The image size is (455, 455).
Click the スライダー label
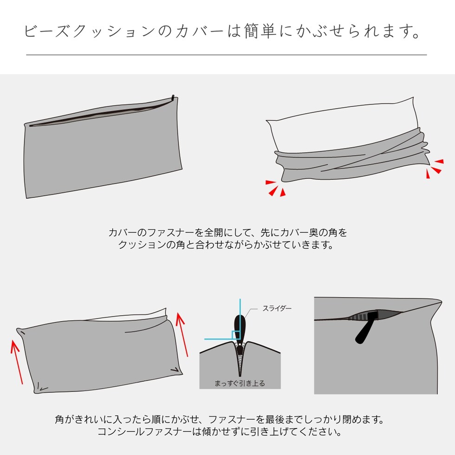pos(277,308)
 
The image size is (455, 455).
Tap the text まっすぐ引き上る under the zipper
pos(240,383)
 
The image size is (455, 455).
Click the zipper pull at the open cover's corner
pos(173,98)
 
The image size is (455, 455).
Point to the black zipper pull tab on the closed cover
pos(366,327)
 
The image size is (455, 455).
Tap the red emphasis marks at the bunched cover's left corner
pos(275,188)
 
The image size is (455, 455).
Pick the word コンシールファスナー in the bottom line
pos(145,431)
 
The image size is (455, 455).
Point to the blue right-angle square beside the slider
pos(236,335)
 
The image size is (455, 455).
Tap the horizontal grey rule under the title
pos(227,55)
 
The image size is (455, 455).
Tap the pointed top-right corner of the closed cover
pos(442,302)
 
